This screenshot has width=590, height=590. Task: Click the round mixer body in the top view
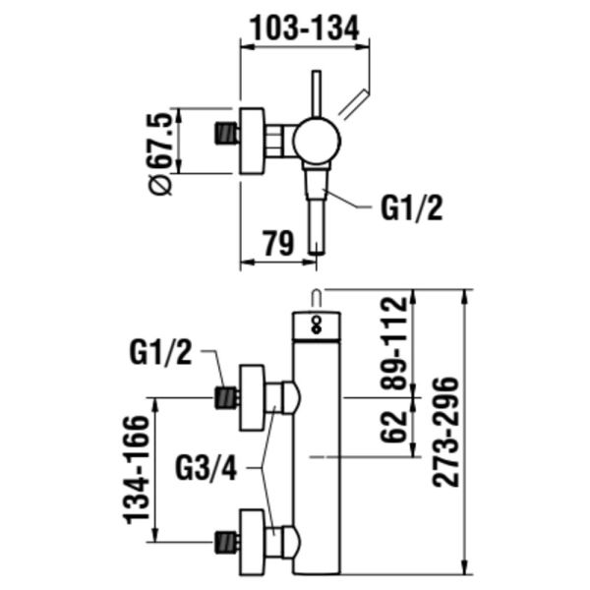click(316, 142)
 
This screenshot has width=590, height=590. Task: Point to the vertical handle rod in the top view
click(317, 93)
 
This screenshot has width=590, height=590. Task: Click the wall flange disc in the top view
click(254, 142)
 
